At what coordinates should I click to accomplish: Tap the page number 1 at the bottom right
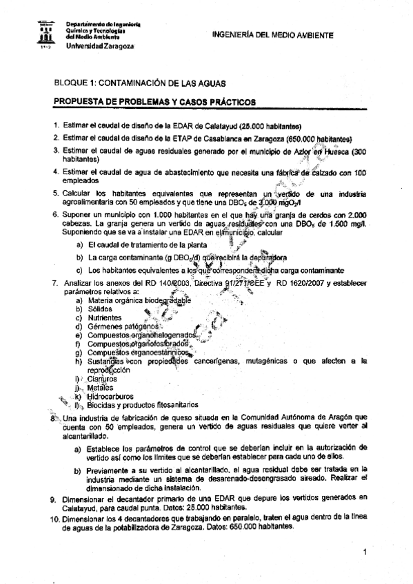363,552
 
